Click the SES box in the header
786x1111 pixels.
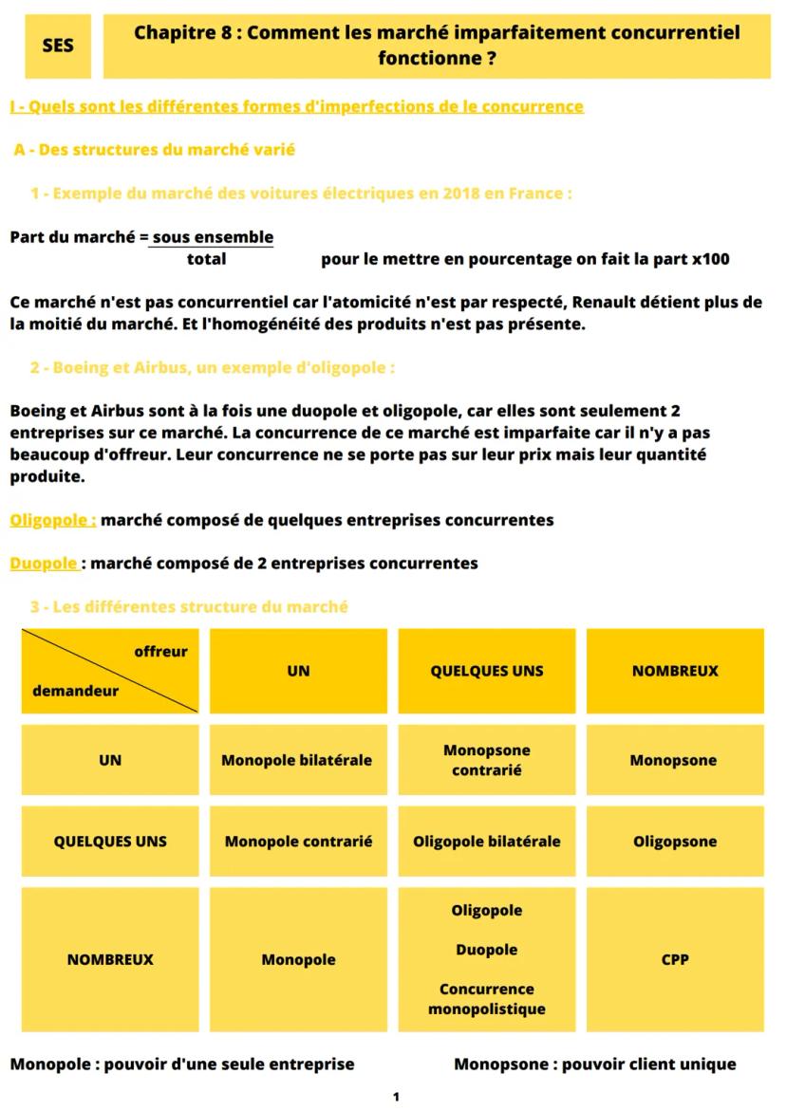pyautogui.click(x=58, y=46)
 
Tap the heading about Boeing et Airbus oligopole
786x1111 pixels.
pyautogui.click(x=213, y=367)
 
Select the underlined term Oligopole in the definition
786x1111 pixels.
pyautogui.click(x=53, y=520)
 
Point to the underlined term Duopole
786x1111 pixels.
pyautogui.click(x=45, y=563)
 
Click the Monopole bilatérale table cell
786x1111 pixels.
pyautogui.click(x=297, y=760)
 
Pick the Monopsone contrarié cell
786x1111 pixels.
pyautogui.click(x=487, y=760)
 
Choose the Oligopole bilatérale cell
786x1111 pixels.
pyautogui.click(x=487, y=842)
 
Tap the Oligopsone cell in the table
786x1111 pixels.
pyautogui.click(x=675, y=842)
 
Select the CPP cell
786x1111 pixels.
pyautogui.click(x=675, y=959)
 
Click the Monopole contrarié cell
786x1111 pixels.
pyautogui.click(x=298, y=842)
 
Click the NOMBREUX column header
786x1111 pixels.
pyautogui.click(x=675, y=671)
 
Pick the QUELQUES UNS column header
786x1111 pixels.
pyautogui.click(x=487, y=671)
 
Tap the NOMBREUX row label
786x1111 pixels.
pyautogui.click(x=110, y=959)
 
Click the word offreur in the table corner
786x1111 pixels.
pyautogui.click(x=160, y=652)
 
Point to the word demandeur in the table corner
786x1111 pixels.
pyautogui.click(x=76, y=691)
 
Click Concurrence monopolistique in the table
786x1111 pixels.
pyautogui.click(x=487, y=999)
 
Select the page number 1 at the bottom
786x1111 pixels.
pyautogui.click(x=396, y=1097)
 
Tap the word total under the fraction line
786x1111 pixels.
pyautogui.click(x=206, y=259)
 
